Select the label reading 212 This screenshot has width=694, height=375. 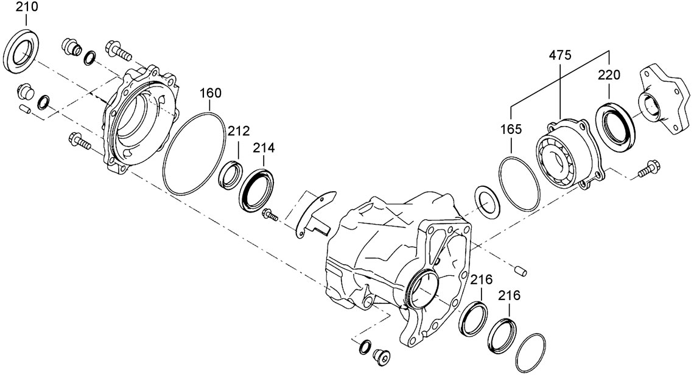tap(239, 130)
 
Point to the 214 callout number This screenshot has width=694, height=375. tap(264, 147)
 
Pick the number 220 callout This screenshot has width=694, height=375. tap(609, 75)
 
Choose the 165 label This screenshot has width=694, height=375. tap(511, 130)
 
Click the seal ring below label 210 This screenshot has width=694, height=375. tap(24, 51)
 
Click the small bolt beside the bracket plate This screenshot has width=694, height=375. tap(269, 214)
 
